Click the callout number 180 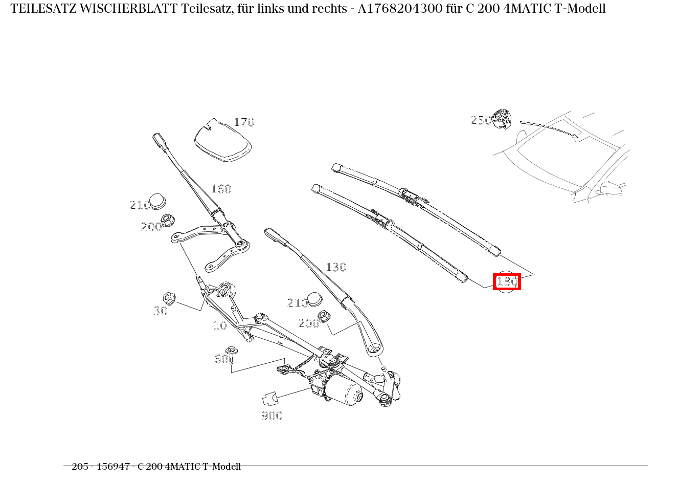(507, 281)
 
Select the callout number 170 (244, 122)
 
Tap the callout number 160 (221, 189)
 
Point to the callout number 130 (336, 267)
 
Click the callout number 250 (481, 120)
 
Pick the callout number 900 (272, 416)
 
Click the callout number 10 (220, 325)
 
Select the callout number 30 (161, 311)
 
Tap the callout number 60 (221, 359)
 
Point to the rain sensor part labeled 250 (502, 119)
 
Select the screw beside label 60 (232, 354)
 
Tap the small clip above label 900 (269, 399)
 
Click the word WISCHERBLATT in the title (128, 9)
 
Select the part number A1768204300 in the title (401, 9)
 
